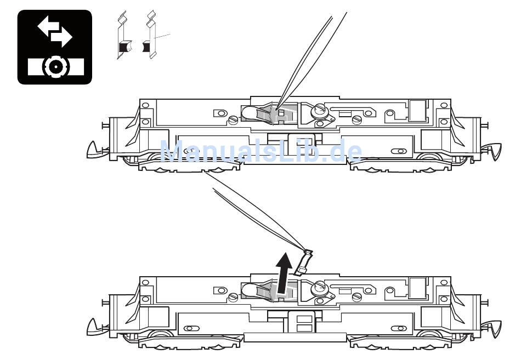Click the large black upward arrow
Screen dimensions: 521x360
[x=284, y=272]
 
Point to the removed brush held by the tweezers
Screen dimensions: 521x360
[x=303, y=262]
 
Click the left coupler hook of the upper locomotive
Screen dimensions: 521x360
[x=94, y=150]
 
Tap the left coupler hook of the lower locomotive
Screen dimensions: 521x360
[x=94, y=327]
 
